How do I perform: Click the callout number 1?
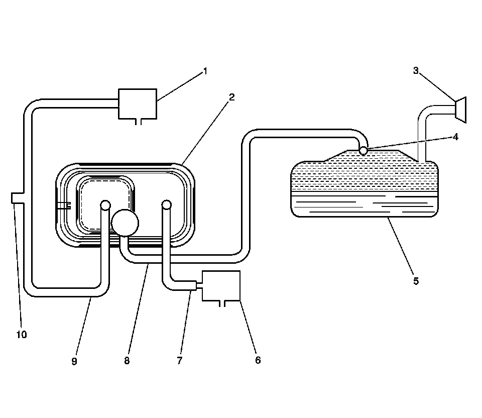click(x=204, y=71)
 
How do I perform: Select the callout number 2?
click(x=231, y=97)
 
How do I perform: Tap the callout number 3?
click(x=416, y=71)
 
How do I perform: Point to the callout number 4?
click(x=455, y=136)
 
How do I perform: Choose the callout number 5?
click(x=416, y=281)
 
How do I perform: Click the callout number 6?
click(x=258, y=360)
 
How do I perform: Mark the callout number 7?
click(x=179, y=360)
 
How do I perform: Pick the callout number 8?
click(x=127, y=360)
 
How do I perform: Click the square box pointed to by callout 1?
click(x=137, y=103)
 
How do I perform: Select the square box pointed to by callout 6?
click(x=221, y=286)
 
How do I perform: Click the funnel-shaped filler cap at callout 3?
click(x=460, y=110)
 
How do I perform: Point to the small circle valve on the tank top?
click(x=364, y=150)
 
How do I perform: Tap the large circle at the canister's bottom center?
click(x=125, y=223)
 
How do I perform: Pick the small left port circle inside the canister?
click(x=105, y=205)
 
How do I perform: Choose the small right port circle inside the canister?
click(x=166, y=204)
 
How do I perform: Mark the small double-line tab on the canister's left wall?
click(x=63, y=205)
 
